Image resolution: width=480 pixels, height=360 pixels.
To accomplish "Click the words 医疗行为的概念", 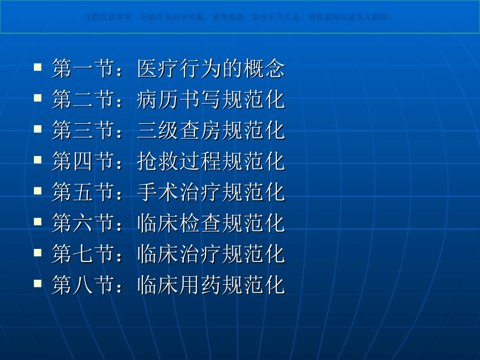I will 211,69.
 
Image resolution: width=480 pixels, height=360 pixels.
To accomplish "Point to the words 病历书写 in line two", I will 179,99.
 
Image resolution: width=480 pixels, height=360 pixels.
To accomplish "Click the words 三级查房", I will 179,130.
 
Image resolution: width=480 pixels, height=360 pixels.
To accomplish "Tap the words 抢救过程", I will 179,161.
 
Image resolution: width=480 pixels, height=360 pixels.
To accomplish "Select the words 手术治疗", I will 179,192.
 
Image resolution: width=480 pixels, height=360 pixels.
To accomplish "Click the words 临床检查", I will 179,223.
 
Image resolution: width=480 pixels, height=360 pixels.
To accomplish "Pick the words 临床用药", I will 179,285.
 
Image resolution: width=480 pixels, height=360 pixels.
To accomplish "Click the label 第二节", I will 82,99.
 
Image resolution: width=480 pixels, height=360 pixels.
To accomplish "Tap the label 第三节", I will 82,130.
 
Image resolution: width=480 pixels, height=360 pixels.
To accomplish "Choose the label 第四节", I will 82,161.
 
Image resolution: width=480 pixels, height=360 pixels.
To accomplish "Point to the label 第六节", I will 82,223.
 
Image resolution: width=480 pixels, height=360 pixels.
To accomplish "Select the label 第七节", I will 82,254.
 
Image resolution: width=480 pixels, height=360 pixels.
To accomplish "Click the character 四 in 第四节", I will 83,162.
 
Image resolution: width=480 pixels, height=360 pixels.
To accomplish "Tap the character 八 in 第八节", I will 83,286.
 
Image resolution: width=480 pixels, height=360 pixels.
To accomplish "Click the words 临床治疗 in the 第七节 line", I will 179,254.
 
